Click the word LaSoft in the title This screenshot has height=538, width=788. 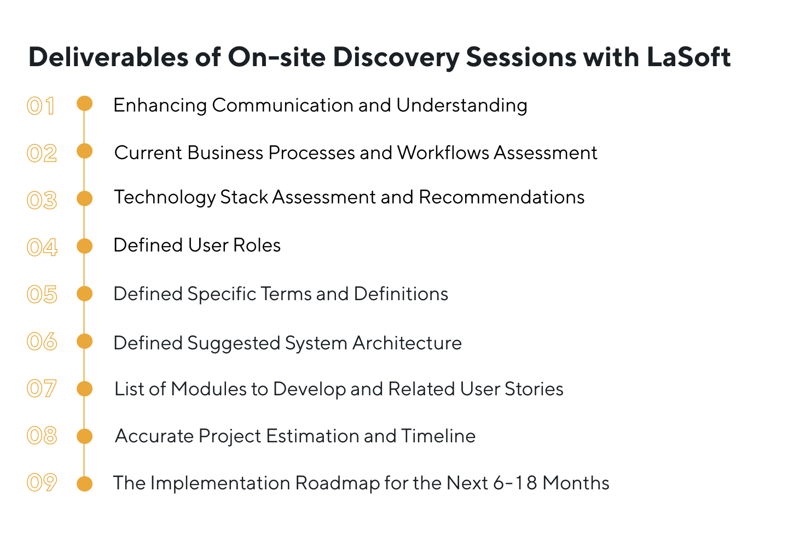[x=688, y=57]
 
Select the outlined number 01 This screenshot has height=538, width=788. [x=41, y=106]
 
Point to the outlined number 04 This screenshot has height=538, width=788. [x=42, y=247]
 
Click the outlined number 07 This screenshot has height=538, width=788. [x=42, y=389]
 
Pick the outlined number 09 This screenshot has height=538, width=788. [x=42, y=483]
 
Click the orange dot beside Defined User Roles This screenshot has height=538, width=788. [x=84, y=246]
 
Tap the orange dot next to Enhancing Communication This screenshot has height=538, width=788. [x=84, y=103]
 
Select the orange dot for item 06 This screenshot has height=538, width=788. [x=84, y=342]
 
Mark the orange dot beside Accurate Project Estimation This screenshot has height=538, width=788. [x=84, y=436]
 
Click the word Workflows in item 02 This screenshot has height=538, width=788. [x=443, y=153]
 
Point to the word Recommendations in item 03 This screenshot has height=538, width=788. [x=501, y=197]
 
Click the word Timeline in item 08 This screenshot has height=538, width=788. [x=438, y=436]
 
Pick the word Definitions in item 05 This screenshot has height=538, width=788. [x=401, y=294]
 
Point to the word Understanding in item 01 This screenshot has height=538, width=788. [x=461, y=105]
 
